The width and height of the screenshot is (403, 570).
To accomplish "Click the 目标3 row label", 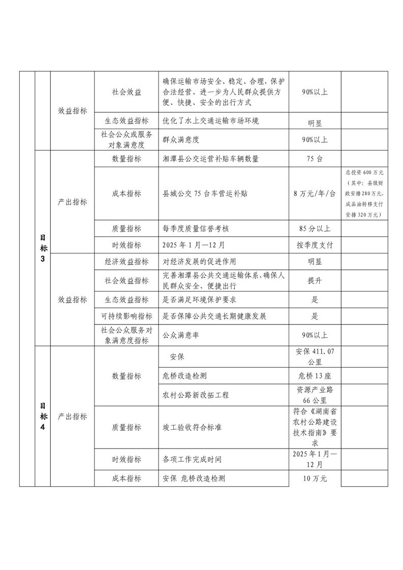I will [x=43, y=248].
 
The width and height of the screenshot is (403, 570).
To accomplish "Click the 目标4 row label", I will [x=43, y=416].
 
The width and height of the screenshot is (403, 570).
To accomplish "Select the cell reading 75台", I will [x=315, y=159].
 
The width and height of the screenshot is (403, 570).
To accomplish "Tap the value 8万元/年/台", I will [x=315, y=194].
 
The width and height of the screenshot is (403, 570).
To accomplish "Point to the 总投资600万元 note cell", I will [x=364, y=194].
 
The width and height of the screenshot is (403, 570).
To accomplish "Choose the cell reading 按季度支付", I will [x=315, y=245].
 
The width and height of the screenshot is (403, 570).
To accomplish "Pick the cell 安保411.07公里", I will [x=315, y=357].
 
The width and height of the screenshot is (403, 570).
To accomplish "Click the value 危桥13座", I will [x=315, y=376].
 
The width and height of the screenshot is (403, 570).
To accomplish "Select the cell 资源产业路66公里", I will [x=315, y=395].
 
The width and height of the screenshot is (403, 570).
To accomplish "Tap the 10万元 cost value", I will [x=315, y=479].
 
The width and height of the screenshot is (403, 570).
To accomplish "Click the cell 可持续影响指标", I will [x=127, y=316].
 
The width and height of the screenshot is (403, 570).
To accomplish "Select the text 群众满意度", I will [x=180, y=139].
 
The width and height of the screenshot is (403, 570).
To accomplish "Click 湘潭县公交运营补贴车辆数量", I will [x=210, y=159].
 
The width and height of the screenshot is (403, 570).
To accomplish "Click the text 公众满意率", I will [x=180, y=335].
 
